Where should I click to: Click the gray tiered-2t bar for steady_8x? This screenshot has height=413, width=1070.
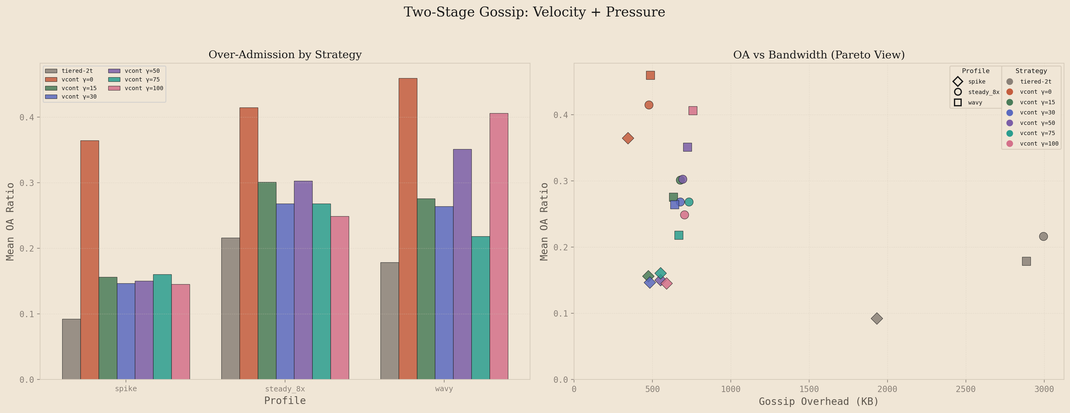231,308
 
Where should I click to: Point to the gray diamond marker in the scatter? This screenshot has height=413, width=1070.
876,319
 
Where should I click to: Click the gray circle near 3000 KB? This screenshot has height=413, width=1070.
1043,236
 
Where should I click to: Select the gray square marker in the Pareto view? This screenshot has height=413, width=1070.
1026,261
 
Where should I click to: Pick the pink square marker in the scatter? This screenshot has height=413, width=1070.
692,111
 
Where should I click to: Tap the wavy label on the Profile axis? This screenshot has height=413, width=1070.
444,389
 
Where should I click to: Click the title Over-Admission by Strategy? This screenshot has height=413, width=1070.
285,55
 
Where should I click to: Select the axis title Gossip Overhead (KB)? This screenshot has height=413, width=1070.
818,401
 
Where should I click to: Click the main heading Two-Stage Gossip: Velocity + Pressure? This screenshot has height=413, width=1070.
534,12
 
